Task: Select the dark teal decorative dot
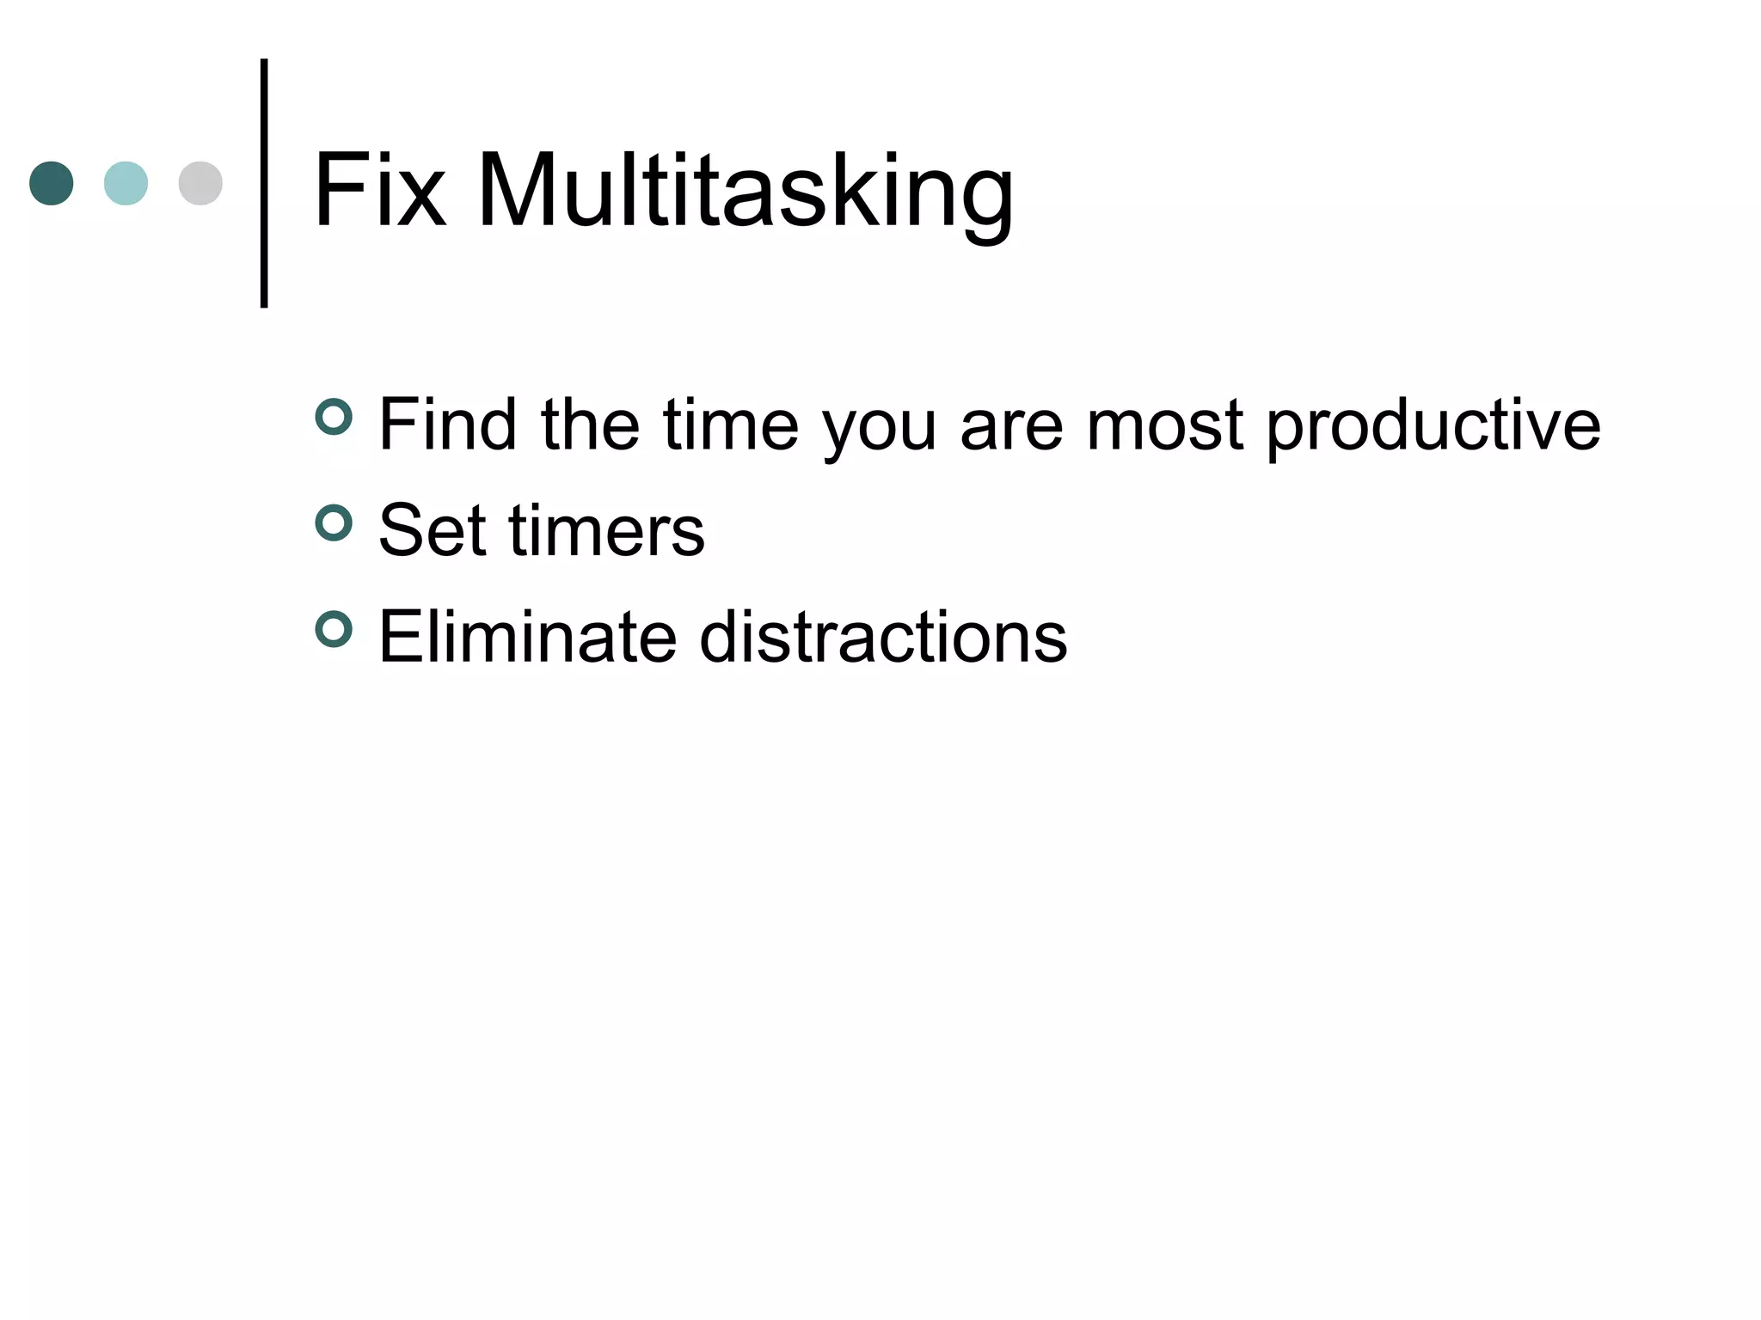point(52,183)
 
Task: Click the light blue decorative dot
point(126,183)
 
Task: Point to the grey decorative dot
point(200,183)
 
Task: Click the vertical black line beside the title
point(264,183)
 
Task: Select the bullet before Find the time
point(334,418)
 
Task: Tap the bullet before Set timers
point(334,523)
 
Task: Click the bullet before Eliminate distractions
point(334,630)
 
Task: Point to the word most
point(1164,425)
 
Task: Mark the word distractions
point(883,637)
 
